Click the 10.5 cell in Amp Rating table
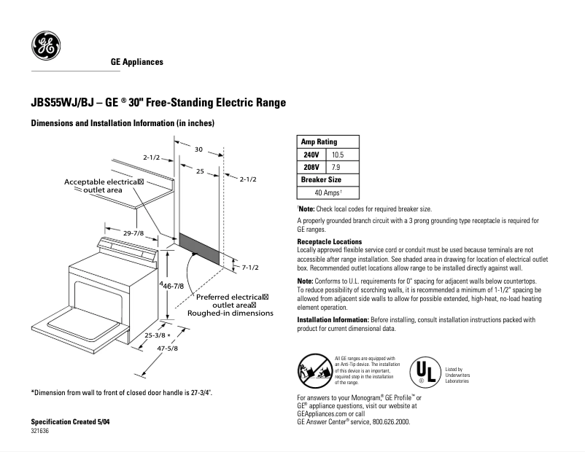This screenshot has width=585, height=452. coord(337,155)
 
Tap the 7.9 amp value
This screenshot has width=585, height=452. coord(336,168)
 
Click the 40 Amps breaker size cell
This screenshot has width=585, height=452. coord(324,192)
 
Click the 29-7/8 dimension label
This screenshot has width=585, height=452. coord(133,233)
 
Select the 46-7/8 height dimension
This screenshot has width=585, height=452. coord(173,287)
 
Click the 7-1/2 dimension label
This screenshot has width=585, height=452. coord(249,268)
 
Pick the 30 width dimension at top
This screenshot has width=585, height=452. coord(198,149)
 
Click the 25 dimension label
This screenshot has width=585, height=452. coord(198,171)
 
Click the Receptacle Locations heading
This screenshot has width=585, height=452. coord(329,242)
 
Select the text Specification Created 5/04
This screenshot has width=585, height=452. coord(71,423)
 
